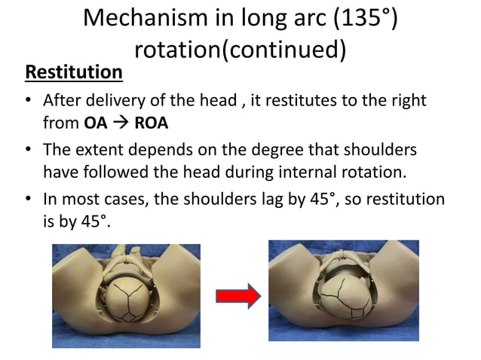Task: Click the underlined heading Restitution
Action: coord(74,73)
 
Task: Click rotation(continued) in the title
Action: coord(240,50)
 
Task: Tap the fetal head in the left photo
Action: coord(126,302)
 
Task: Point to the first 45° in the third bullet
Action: coord(336,200)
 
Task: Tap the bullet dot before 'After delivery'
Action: coord(29,101)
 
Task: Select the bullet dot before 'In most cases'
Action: coord(29,200)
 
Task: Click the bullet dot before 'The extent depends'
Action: coord(29,151)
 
